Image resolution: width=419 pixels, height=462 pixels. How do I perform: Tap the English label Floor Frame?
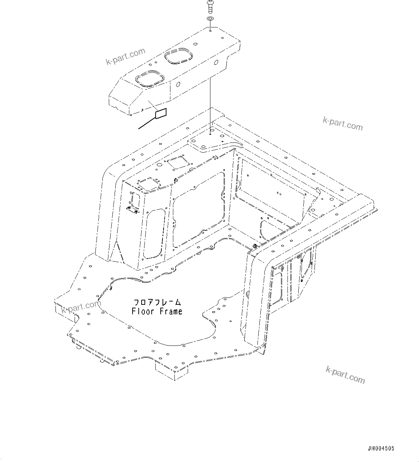[x=157, y=311]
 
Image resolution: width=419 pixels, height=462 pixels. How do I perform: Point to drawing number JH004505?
[x=381, y=449]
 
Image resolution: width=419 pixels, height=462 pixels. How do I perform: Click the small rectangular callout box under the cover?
[x=161, y=114]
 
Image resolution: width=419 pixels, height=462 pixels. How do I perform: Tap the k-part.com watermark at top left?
[x=125, y=57]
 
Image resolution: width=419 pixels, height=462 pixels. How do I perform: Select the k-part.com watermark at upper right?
[x=343, y=124]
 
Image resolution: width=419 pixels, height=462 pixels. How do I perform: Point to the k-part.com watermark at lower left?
[x=81, y=307]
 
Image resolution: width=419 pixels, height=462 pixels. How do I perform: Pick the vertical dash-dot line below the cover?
[x=210, y=105]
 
